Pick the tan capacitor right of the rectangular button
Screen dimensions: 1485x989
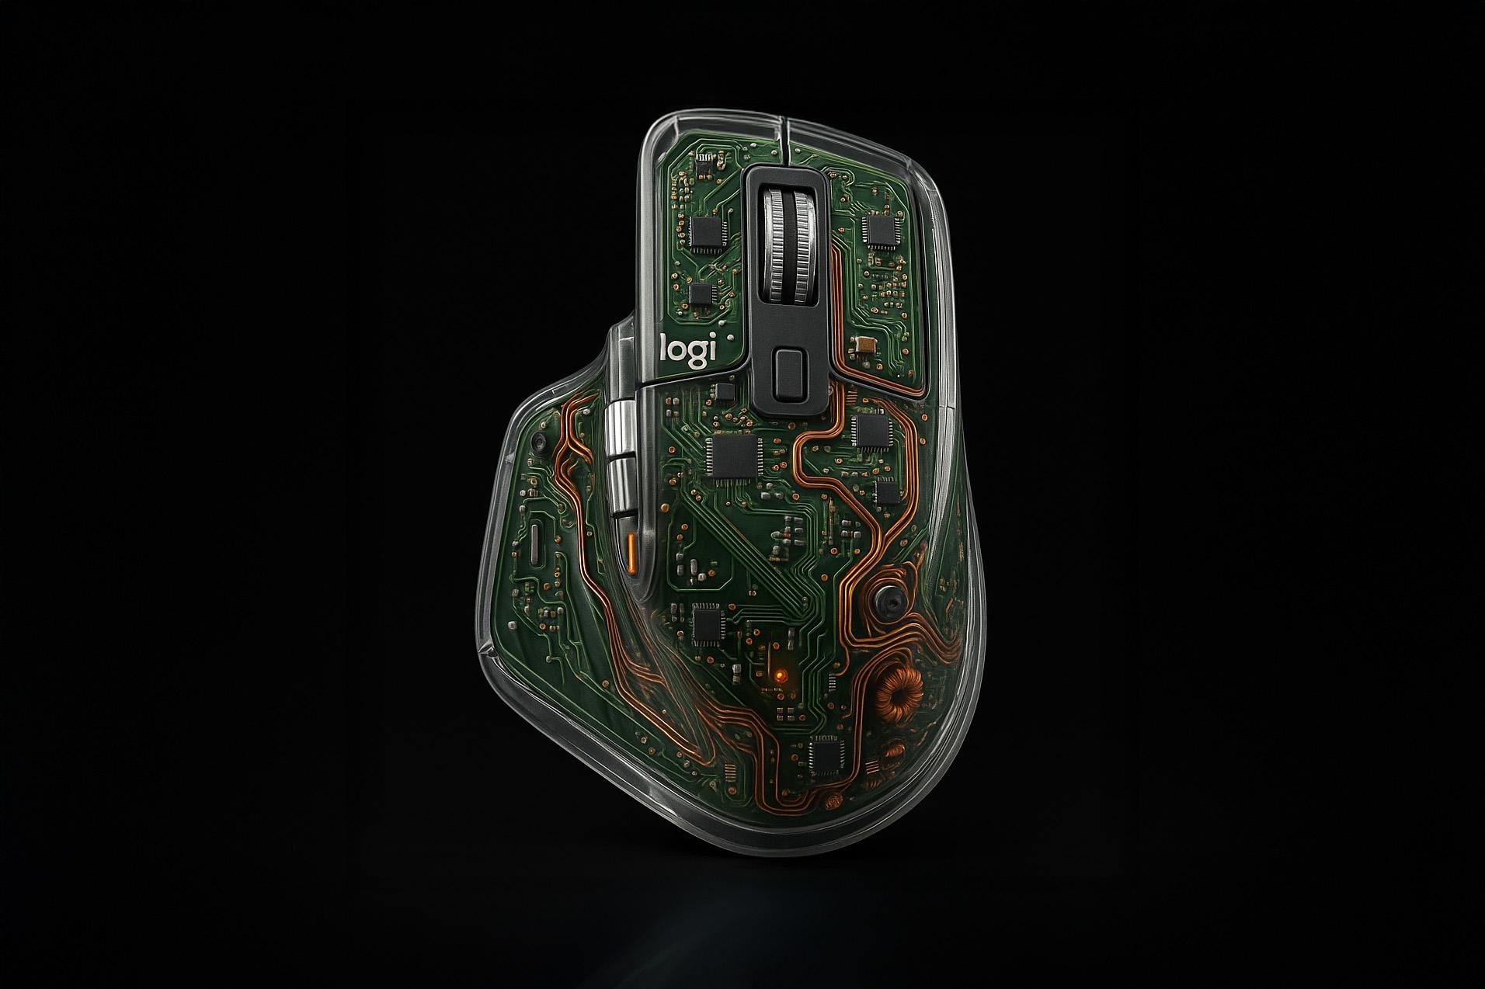tap(864, 345)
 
